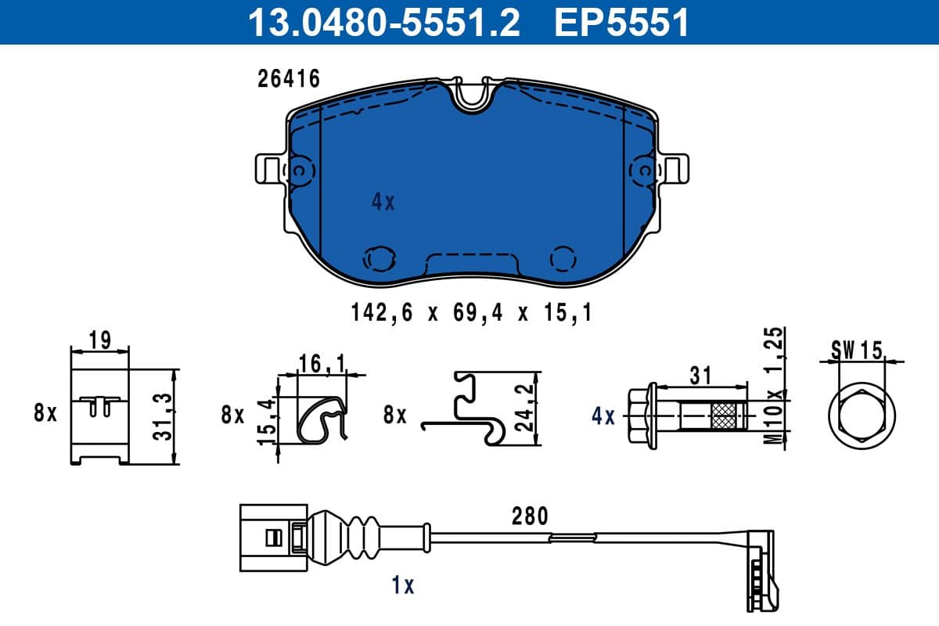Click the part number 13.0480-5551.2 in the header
coord(383,23)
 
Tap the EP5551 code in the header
coord(621,23)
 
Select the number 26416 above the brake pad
coord(289,79)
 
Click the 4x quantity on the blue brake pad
coord(383,203)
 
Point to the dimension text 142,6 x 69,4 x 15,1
coord(470,314)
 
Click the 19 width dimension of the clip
coord(99,341)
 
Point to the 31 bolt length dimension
coord(701,376)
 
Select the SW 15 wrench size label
coord(856,350)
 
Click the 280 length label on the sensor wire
coord(530,516)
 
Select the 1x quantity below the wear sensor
coord(403,585)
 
